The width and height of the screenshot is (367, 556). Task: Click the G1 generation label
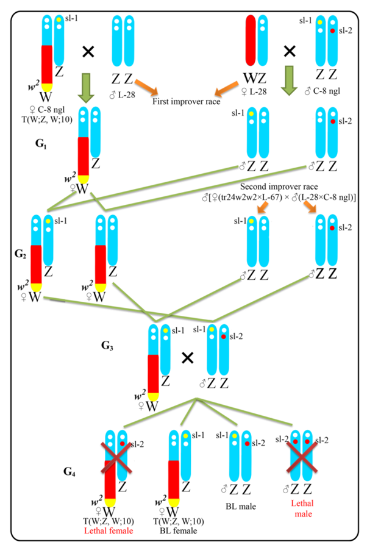[x=41, y=147]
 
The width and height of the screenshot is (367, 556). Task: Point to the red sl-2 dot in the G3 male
[x=224, y=337]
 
